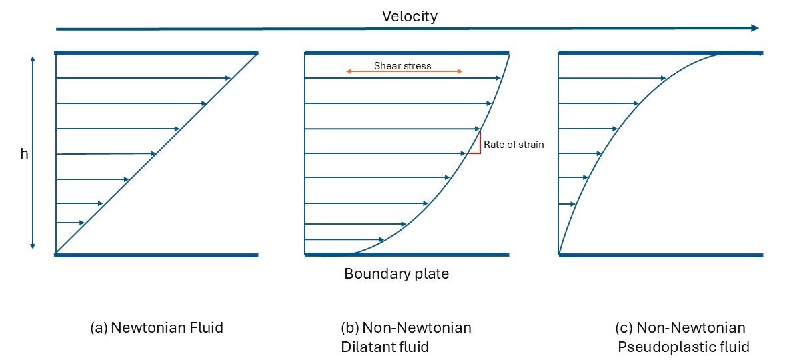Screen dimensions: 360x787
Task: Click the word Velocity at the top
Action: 410,16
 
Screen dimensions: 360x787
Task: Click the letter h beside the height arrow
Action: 25,153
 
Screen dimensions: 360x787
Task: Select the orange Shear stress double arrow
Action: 404,71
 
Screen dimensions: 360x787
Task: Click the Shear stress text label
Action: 402,65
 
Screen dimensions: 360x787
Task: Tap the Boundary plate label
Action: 396,273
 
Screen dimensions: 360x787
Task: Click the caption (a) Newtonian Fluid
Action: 156,327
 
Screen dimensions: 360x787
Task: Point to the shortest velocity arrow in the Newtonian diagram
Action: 71,223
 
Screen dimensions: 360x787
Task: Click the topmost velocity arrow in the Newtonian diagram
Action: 143,79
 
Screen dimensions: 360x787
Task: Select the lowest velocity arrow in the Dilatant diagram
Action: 344,239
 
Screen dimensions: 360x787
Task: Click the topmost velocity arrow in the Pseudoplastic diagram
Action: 612,79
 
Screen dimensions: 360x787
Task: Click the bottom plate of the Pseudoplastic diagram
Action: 660,255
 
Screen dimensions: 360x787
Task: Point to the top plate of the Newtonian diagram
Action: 156,52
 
